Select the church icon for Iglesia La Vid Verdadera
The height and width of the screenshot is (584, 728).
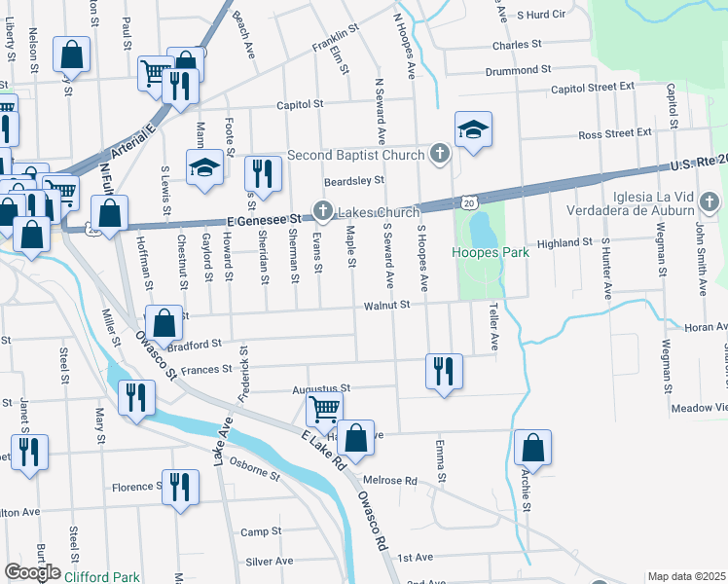tap(710, 203)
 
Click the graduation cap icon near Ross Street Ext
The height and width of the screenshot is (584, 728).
tap(473, 130)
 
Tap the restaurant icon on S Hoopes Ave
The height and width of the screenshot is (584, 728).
tap(444, 370)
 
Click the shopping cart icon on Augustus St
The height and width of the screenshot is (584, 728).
tap(324, 408)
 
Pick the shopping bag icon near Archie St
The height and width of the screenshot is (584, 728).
tap(532, 448)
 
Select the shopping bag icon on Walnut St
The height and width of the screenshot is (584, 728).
tap(164, 322)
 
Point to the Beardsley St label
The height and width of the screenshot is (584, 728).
tap(354, 180)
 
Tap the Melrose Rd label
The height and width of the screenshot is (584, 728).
tap(389, 481)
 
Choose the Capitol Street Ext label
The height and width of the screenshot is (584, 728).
tap(592, 87)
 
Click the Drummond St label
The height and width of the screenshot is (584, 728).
tap(520, 70)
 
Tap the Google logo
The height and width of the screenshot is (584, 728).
tap(32, 572)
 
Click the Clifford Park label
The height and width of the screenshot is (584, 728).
tap(102, 577)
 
